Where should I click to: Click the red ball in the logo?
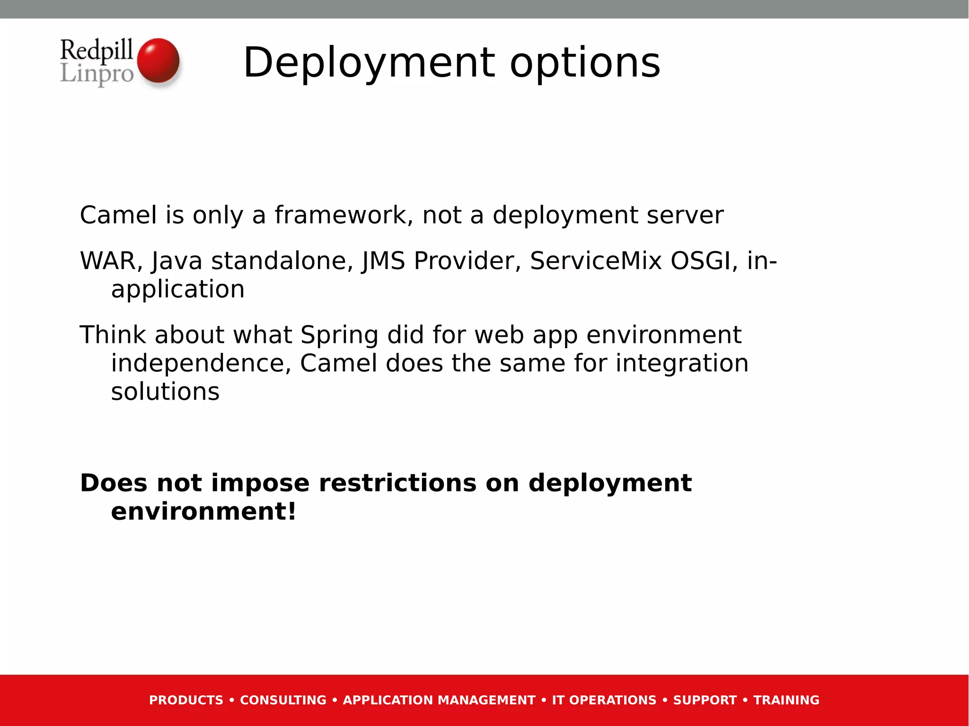(x=158, y=61)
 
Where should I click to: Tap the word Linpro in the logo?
(x=97, y=74)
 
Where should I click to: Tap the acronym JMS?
(x=383, y=261)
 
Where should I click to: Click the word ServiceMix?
(x=595, y=261)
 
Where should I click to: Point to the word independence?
(x=201, y=363)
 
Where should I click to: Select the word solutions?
(x=165, y=392)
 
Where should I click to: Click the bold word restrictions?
(x=397, y=483)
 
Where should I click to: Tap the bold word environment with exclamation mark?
(x=203, y=512)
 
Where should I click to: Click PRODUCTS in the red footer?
(x=186, y=700)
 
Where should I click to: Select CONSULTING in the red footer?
(x=283, y=700)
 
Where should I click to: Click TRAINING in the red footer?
(x=786, y=700)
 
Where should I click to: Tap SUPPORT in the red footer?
(x=705, y=700)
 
